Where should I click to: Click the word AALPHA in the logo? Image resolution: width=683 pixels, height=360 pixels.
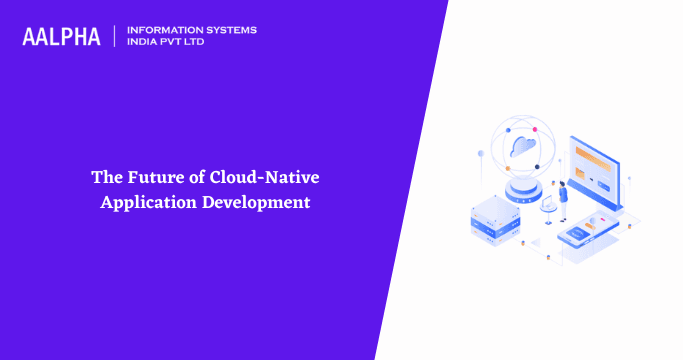coord(61,37)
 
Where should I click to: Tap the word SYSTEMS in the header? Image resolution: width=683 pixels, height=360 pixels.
coord(228,30)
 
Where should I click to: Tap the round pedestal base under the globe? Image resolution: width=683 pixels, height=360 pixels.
coord(523,189)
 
